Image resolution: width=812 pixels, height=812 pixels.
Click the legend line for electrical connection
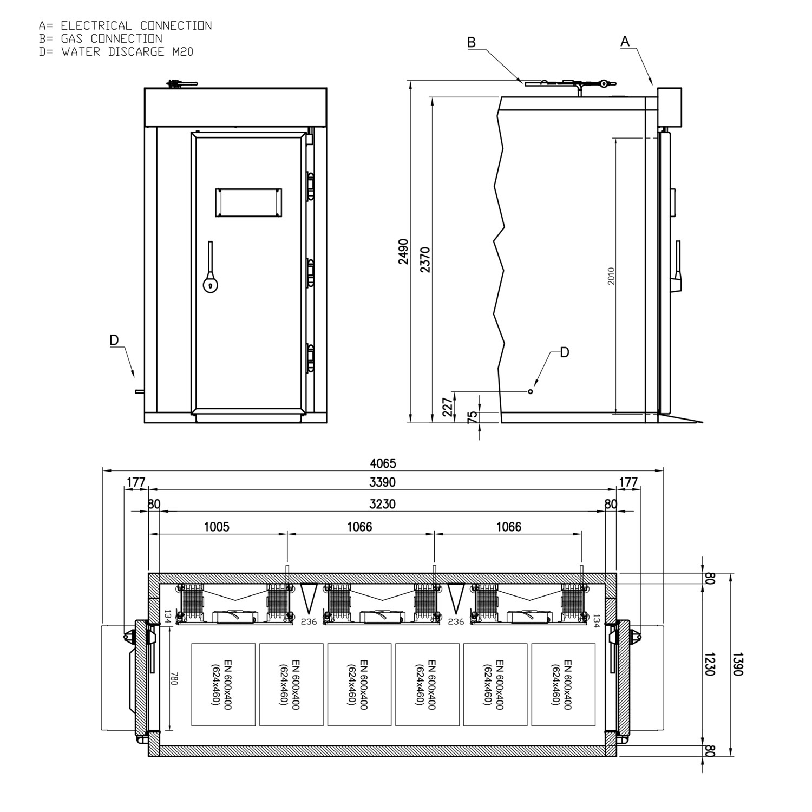[x=125, y=25]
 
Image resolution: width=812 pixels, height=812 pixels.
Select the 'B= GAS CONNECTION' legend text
[x=100, y=38]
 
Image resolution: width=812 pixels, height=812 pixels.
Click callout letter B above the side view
[x=472, y=43]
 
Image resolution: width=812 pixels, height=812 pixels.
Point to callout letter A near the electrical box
[x=625, y=41]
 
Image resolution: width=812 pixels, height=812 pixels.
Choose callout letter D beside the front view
[x=114, y=340]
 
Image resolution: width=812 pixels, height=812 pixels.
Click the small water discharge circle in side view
[x=531, y=391]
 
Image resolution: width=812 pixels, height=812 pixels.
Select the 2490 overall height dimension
[x=404, y=251]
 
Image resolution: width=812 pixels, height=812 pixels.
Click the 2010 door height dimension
[x=611, y=276]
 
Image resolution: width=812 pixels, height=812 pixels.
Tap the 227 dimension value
[x=448, y=407]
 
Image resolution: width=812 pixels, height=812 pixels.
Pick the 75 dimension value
[x=472, y=416]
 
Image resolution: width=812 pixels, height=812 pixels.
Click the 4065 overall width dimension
[x=383, y=463]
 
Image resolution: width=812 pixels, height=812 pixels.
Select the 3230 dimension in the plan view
[x=382, y=504]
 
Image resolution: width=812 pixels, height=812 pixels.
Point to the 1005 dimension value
[x=217, y=527]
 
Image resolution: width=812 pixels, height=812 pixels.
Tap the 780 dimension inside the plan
[x=174, y=679]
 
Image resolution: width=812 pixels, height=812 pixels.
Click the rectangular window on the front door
[x=248, y=203]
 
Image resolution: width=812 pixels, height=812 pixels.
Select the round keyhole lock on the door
[x=210, y=285]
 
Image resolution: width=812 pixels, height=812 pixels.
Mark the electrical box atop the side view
[x=669, y=106]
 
